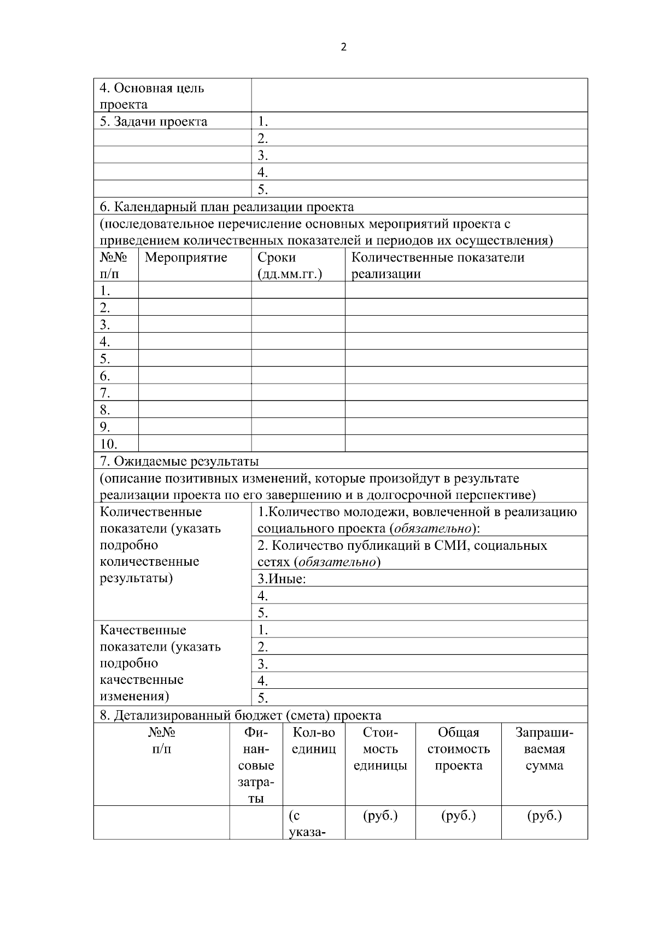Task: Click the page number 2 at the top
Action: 343,47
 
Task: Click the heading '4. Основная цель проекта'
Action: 152,96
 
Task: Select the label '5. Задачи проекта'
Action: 154,121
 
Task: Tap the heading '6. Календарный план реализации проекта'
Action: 227,207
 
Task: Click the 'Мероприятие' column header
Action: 186,258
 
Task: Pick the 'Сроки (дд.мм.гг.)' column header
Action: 289,265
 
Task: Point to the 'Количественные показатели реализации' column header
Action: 437,265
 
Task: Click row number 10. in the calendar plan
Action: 109,444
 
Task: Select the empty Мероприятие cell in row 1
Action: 195,290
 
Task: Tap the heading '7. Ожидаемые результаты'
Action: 179,461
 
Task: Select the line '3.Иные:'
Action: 282,579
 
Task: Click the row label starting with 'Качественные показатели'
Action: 160,663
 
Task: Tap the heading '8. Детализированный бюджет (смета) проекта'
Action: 241,715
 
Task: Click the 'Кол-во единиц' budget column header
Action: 314,741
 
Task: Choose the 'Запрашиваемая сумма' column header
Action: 544,749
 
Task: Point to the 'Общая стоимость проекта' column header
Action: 458,749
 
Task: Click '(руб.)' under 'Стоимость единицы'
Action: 380,816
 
